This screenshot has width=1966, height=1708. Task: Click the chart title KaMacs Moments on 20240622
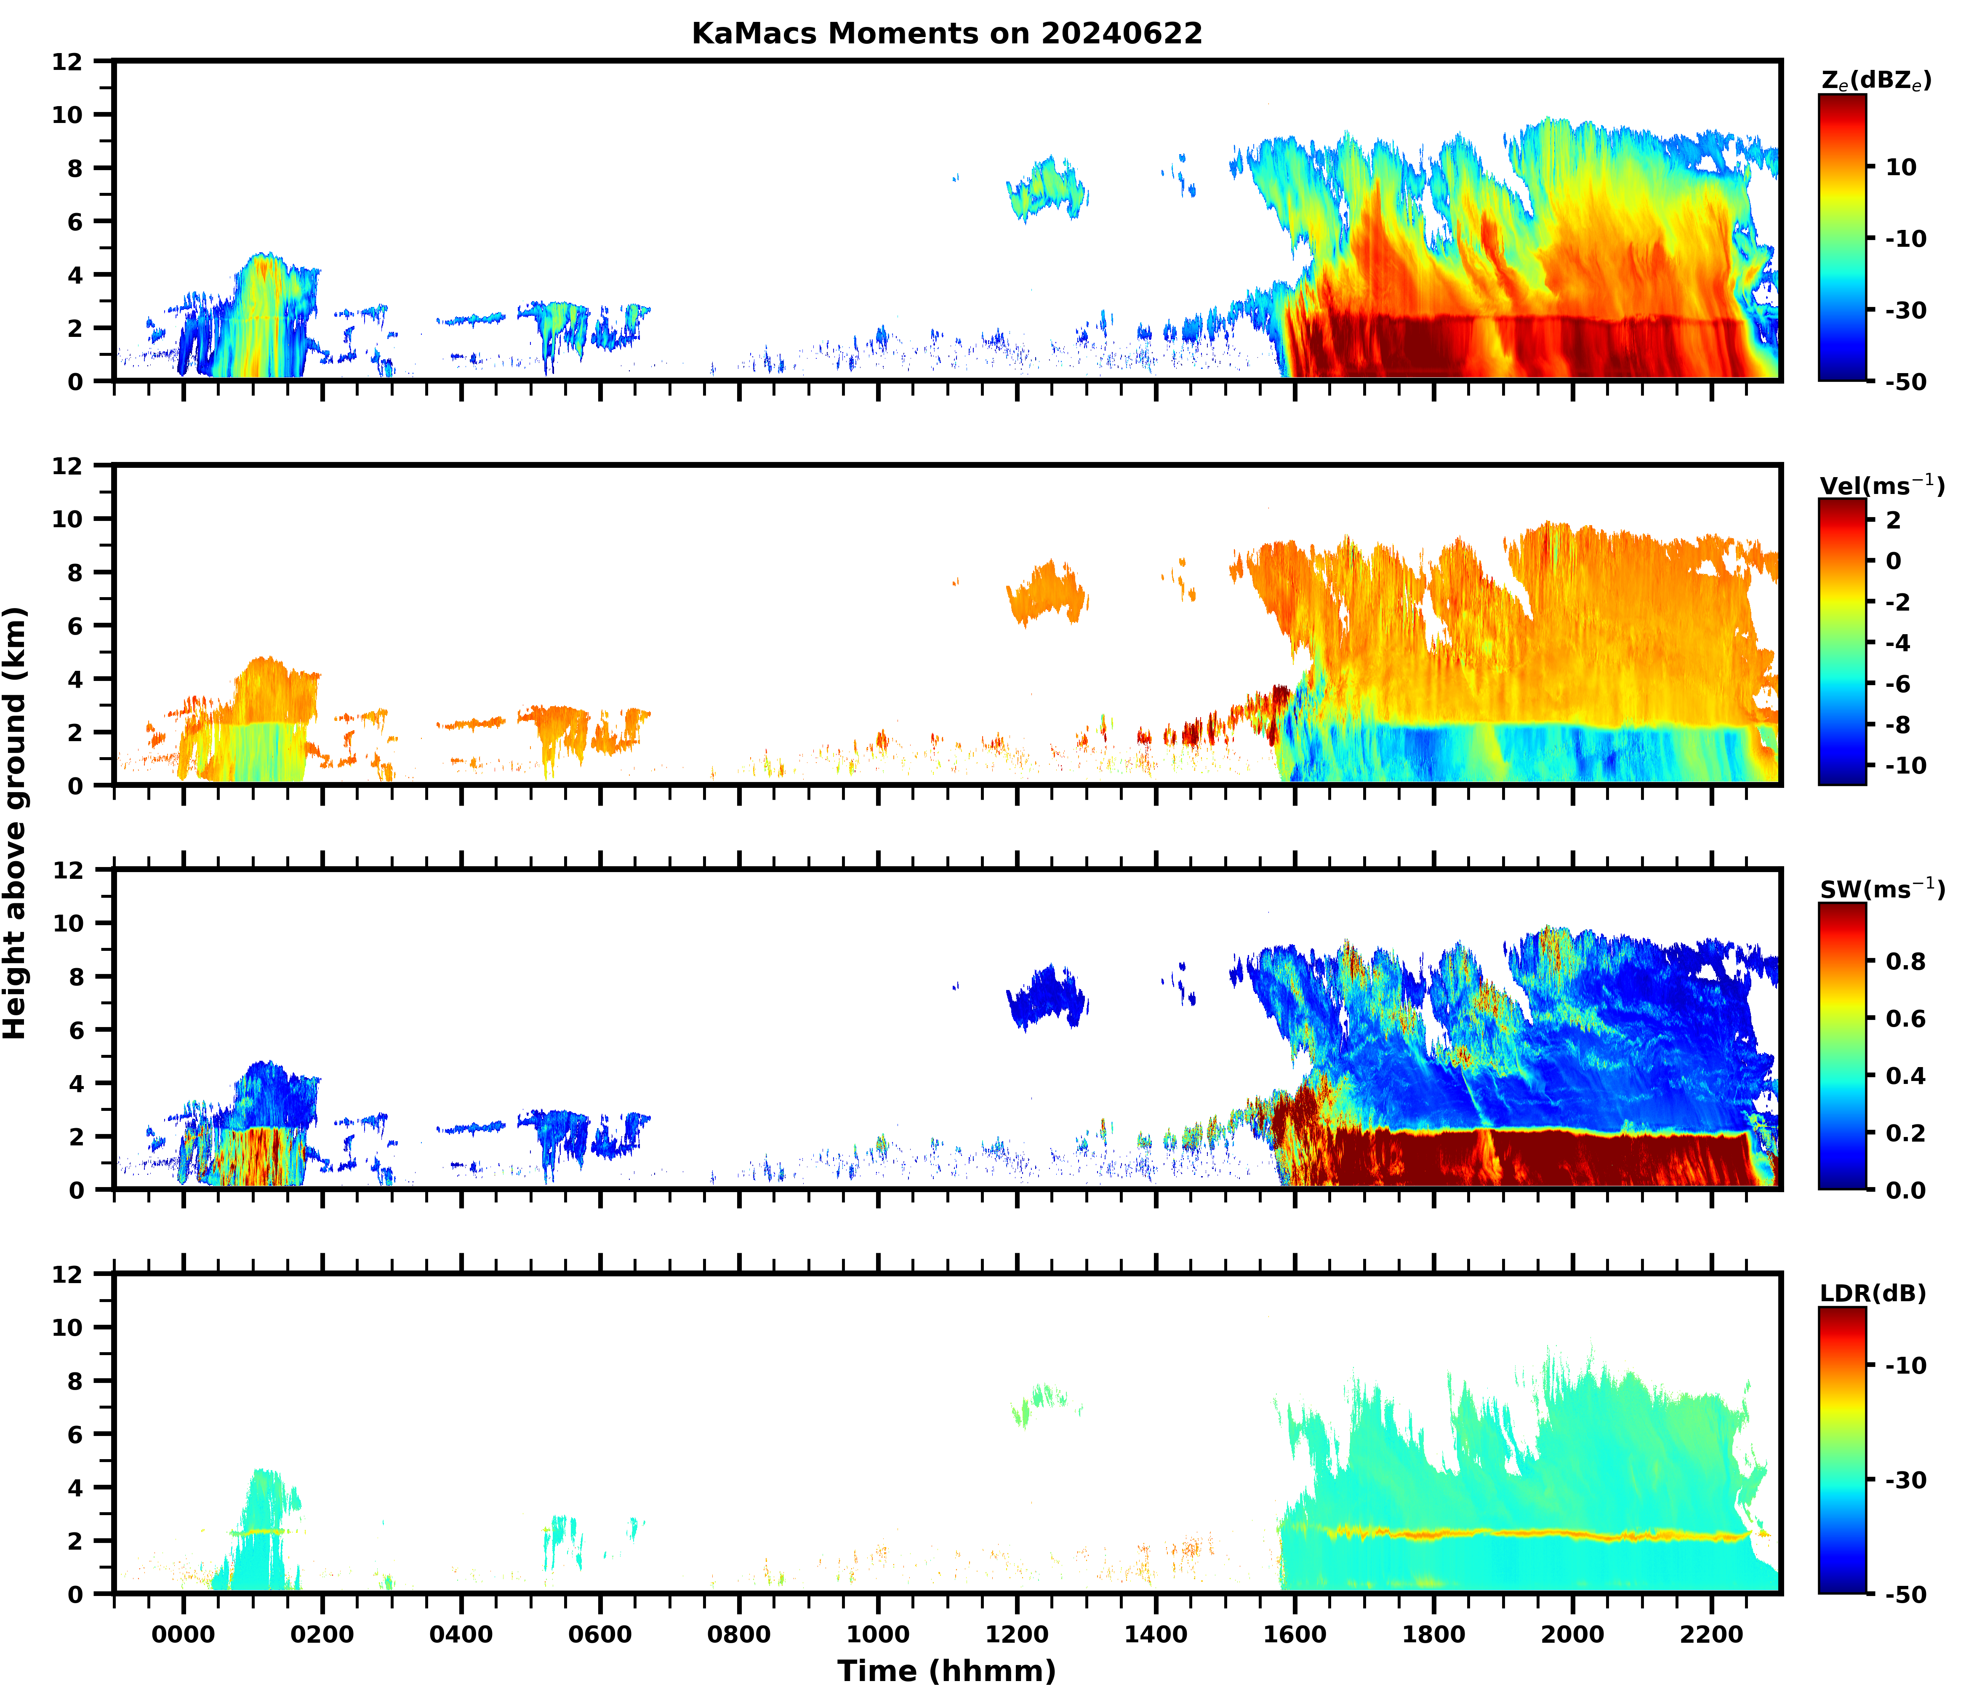click(946, 33)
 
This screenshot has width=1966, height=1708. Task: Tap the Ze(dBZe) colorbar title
click(1875, 81)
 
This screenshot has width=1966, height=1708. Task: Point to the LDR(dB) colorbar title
click(1873, 1293)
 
